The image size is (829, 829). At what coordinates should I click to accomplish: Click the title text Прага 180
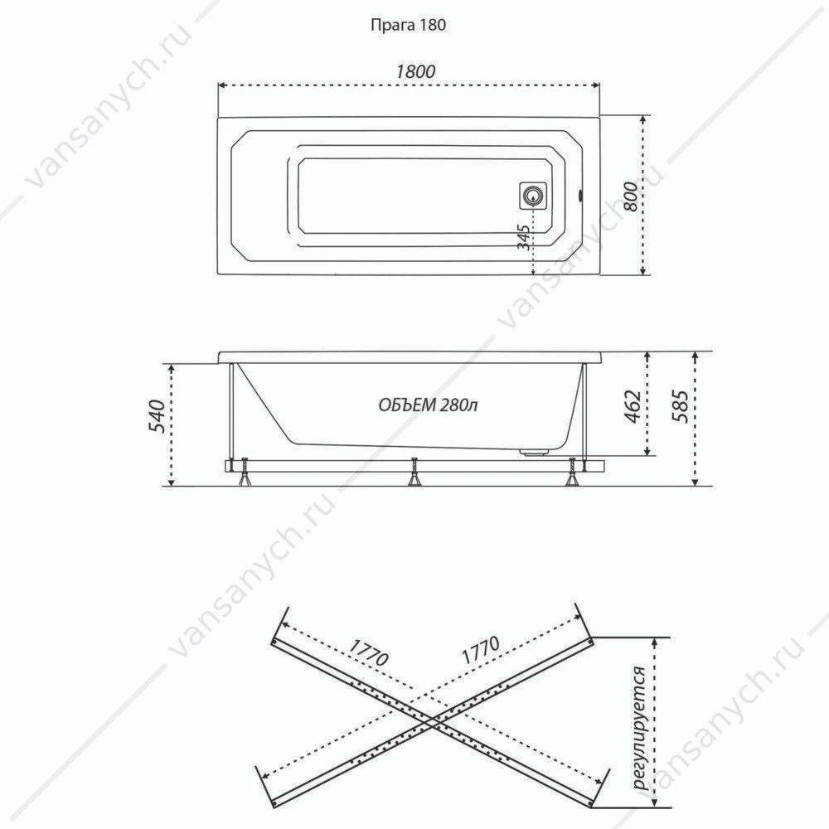pos(408,25)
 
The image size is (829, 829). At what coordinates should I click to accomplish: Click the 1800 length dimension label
pos(415,71)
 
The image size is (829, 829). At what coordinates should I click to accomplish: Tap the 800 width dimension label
pos(631,196)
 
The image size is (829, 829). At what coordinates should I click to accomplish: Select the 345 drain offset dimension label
pos(524,237)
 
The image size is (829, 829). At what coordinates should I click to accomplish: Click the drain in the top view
pos(533,196)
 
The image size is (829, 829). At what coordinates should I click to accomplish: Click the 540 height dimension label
pos(157,417)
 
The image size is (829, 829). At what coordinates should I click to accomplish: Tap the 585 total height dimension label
pos(681,406)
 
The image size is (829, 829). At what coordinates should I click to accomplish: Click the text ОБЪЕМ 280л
pos(429,405)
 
